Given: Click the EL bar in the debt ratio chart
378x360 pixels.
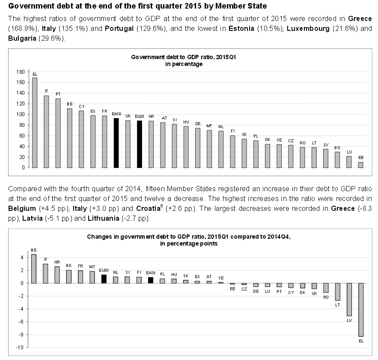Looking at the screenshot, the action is click(35, 123).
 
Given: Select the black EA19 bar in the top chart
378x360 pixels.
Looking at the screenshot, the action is click(116, 143).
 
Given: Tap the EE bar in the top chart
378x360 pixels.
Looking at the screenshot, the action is click(360, 165).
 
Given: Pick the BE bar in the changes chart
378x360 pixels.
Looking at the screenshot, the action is click(34, 269).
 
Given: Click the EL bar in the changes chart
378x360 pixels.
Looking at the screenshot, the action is click(361, 310).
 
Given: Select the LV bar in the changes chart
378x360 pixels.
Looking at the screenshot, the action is click(349, 300).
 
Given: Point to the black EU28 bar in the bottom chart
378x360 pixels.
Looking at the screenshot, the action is click(104, 279).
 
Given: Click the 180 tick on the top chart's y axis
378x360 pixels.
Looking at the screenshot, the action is click(21, 72).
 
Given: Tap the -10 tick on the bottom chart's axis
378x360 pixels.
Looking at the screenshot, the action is click(20, 348).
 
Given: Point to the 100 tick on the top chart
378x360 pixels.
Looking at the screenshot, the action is click(21, 114).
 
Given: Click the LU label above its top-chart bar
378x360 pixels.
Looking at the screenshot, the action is click(349, 152).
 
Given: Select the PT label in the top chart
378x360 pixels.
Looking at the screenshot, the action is click(58, 94).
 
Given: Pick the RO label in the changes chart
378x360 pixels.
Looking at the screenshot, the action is click(326, 297).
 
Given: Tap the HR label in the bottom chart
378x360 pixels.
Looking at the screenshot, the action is click(57, 262).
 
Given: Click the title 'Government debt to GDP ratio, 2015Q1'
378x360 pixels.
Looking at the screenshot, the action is click(184, 57).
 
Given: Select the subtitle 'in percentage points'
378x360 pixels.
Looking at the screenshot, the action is click(189, 243).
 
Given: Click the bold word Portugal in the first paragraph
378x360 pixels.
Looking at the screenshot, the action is click(119, 28).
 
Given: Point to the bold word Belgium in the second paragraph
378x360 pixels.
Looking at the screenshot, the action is click(22, 208).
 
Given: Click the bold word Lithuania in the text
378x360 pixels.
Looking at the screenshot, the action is click(104, 219).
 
